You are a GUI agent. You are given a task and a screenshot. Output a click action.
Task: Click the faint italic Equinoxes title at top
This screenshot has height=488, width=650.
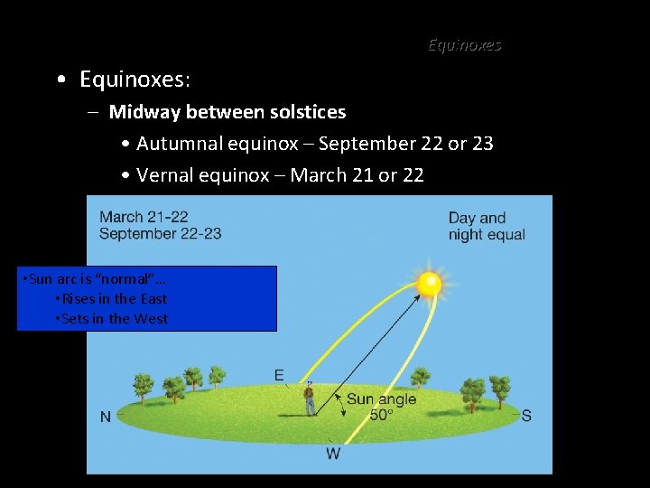click(464, 44)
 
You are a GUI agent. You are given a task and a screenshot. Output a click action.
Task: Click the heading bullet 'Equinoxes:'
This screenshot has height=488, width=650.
click(135, 80)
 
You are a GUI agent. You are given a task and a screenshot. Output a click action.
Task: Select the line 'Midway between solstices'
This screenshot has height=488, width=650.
click(227, 112)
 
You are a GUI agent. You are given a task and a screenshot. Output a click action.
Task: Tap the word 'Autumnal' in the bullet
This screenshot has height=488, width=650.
click(177, 144)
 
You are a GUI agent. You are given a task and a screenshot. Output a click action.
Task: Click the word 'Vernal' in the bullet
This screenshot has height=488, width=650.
click(165, 175)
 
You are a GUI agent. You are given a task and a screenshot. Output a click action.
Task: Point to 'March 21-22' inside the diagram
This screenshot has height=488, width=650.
click(144, 217)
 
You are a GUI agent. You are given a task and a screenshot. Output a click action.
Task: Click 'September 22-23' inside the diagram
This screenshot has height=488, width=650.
click(160, 233)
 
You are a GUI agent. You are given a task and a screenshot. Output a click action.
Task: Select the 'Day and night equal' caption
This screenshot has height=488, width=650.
click(487, 226)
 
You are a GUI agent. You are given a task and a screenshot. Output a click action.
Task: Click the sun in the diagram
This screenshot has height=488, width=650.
click(429, 283)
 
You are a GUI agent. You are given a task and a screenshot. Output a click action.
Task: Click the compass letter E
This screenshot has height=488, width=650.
click(279, 375)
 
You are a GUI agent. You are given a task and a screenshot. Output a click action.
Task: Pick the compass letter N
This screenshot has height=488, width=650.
click(106, 417)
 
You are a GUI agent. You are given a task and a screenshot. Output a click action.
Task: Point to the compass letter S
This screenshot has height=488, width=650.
click(526, 416)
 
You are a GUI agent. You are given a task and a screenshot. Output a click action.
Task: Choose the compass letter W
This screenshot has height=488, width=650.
click(333, 453)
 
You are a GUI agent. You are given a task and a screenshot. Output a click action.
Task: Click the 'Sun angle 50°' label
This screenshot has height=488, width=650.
click(381, 407)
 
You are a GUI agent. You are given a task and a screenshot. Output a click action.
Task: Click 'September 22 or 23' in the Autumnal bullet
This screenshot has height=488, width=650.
click(405, 144)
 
